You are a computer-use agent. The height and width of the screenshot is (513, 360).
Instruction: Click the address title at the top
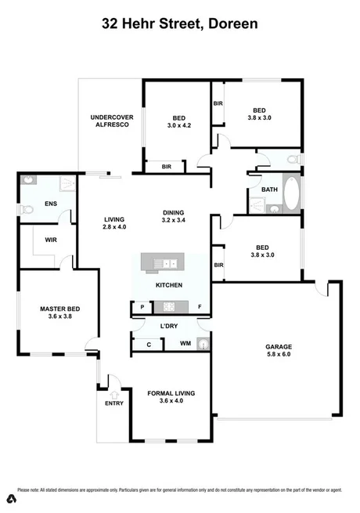coord(179,24)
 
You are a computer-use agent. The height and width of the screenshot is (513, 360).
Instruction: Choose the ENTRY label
coord(114,404)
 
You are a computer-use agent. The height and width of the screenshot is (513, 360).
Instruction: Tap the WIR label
coord(51,240)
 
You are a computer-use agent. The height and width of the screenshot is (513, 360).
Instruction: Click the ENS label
coord(51,204)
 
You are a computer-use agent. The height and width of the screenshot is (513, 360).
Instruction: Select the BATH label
coord(269,190)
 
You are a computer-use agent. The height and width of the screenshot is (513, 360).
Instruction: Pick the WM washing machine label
coord(185,343)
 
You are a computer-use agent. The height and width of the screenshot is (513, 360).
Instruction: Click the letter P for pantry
coord(142,306)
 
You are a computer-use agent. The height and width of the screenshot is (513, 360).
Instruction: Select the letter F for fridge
coord(200,306)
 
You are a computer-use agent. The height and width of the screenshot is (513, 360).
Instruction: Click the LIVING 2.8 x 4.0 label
coord(115,223)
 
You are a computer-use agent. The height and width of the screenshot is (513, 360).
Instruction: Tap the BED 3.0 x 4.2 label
coord(178,121)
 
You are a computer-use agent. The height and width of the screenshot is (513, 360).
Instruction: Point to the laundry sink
coord(203,343)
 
